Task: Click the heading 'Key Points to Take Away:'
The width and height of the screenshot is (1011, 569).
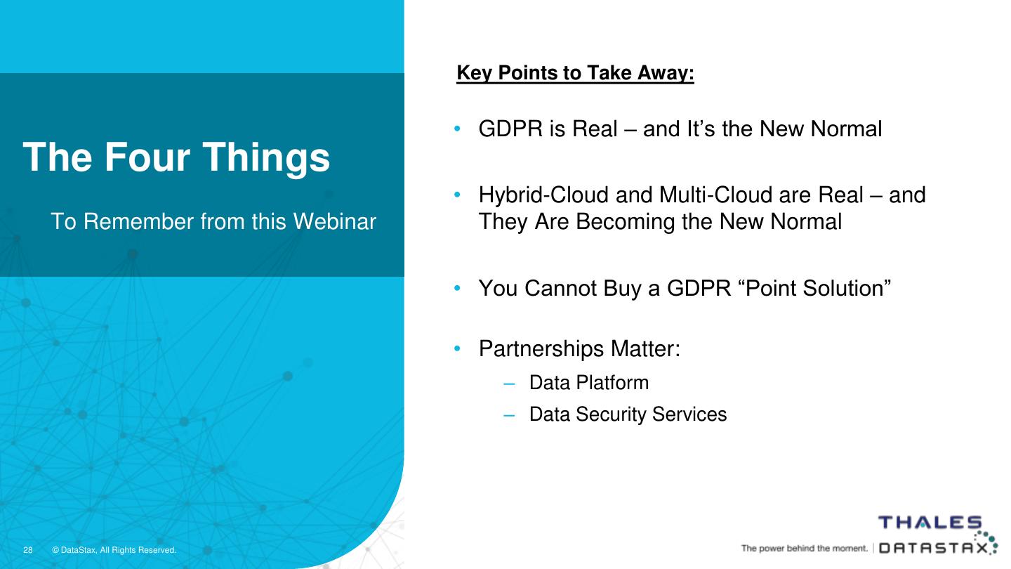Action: (575, 73)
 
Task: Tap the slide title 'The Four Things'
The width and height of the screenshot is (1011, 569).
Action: (176, 157)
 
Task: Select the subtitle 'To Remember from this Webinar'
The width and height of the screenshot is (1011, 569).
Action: (213, 221)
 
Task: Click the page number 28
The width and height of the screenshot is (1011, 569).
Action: (28, 550)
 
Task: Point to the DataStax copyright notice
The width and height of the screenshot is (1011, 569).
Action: (114, 550)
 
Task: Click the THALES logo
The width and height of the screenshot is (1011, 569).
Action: (930, 523)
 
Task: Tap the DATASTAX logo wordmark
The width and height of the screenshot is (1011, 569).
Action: (933, 548)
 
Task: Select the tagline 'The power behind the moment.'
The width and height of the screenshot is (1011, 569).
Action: (805, 549)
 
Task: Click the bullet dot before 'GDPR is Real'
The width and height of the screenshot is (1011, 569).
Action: (457, 129)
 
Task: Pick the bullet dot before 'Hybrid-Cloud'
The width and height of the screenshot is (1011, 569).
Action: (457, 195)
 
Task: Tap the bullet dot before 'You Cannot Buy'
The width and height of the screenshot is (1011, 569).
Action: (457, 288)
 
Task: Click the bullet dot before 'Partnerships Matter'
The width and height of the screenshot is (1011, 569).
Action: (457, 348)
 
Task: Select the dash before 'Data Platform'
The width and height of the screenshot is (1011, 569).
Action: (509, 384)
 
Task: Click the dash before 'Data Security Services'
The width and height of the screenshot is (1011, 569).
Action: (509, 416)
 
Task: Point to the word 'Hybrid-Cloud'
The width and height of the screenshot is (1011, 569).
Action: (544, 195)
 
